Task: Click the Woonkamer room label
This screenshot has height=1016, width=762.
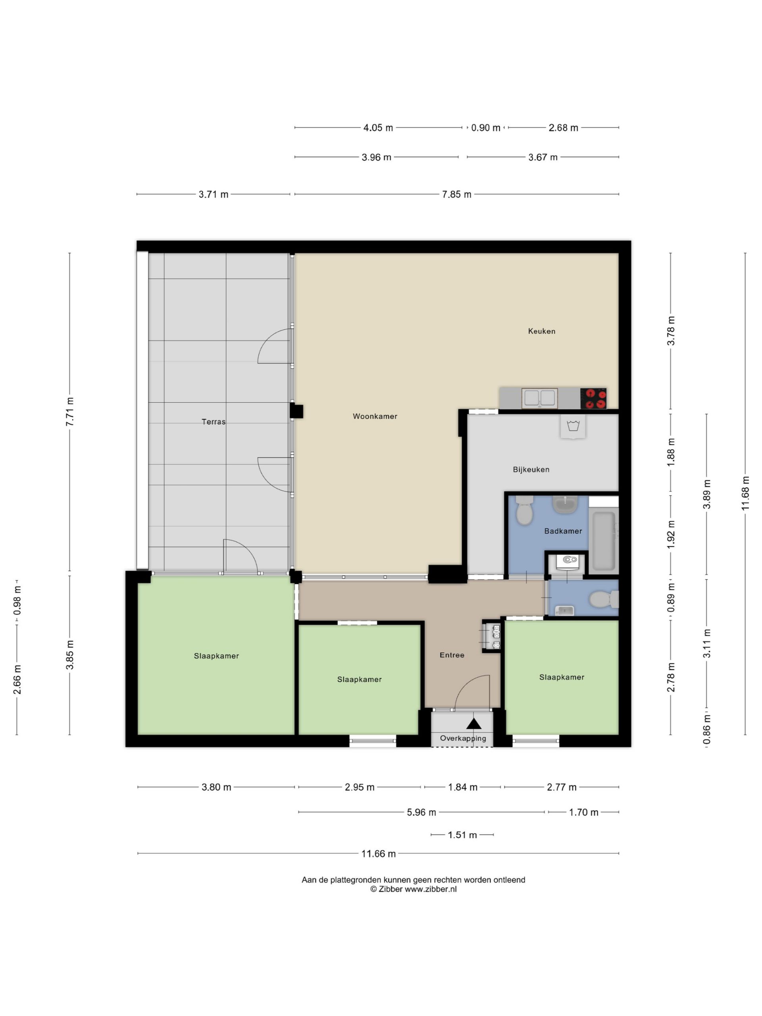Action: pos(375,416)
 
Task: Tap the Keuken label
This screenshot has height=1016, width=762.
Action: pos(541,331)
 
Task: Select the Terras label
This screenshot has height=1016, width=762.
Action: pos(214,421)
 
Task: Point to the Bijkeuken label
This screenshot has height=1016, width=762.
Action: pos(531,470)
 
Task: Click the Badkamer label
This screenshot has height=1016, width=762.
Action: pos(563,531)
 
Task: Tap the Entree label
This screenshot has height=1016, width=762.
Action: pos(452,655)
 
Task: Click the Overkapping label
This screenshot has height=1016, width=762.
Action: pos(463,738)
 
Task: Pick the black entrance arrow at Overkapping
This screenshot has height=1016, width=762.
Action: pos(474,724)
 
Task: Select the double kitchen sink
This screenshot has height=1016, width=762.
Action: pos(540,398)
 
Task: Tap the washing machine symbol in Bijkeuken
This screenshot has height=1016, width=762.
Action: pos(573,427)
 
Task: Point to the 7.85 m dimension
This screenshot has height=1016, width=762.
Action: pos(456,194)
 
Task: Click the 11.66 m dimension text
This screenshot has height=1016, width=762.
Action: pos(379,853)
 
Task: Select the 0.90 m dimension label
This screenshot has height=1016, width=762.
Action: pos(485,128)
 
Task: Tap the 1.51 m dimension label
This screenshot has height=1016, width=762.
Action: pos(462,835)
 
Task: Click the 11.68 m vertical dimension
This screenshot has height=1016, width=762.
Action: pos(745,493)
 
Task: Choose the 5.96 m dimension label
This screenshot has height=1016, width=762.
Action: pos(421,812)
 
